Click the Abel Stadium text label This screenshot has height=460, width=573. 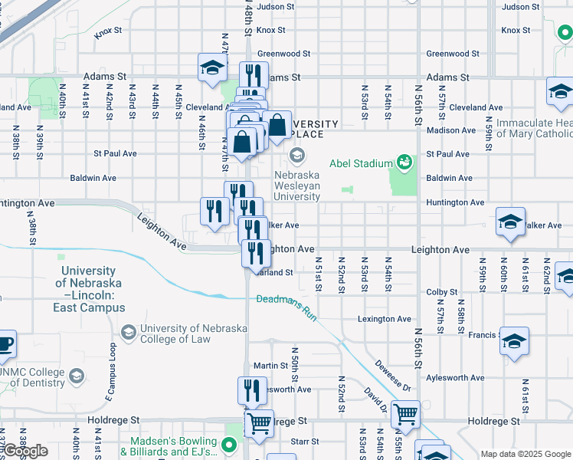coord(362,163)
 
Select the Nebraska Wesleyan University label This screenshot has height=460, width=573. coord(297,186)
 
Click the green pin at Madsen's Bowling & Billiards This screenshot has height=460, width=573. coord(228,444)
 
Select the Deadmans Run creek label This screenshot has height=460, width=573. coord(286,301)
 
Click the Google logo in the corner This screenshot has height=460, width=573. coord(25,451)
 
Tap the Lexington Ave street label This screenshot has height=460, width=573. coord(385,319)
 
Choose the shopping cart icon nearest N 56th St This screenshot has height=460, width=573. coord(405,414)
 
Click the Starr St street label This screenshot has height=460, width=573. coord(304,442)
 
